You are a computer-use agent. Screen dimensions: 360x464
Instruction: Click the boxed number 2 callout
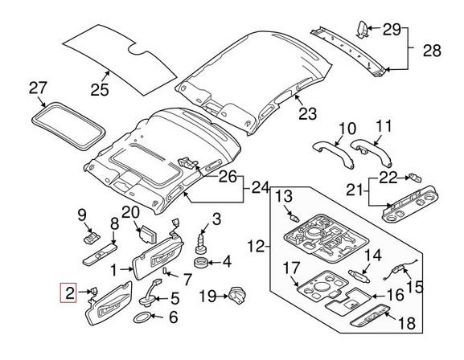coord(71,293)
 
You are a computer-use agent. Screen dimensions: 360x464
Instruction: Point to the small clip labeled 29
coord(363,30)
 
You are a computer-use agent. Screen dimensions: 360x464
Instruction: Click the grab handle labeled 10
coord(333,150)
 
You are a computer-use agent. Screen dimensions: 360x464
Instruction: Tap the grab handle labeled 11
coord(370,149)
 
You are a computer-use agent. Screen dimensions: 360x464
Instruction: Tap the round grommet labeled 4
coord(199,262)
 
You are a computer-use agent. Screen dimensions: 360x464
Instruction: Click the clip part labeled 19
coord(236,296)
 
